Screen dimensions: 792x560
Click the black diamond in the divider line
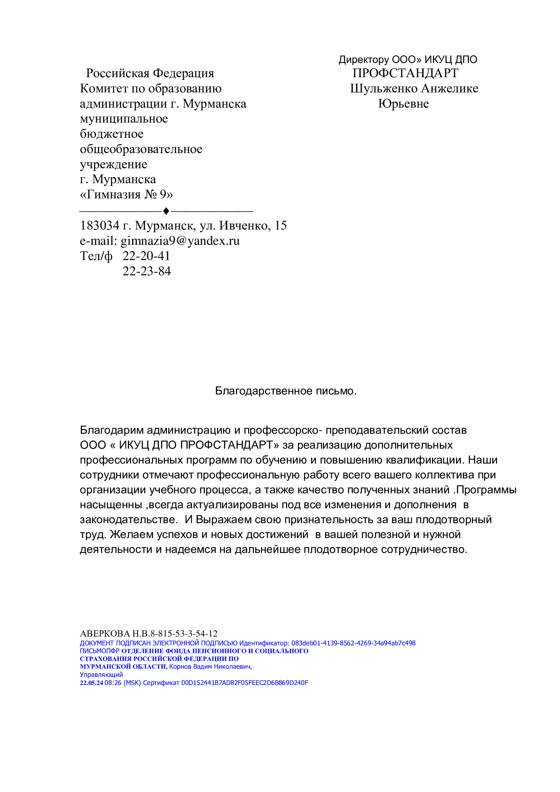(x=166, y=211)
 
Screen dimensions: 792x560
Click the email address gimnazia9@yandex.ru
(x=180, y=241)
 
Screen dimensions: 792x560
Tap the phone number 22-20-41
(x=146, y=256)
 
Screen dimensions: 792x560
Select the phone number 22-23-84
(x=147, y=271)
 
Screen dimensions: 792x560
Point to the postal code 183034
(x=100, y=226)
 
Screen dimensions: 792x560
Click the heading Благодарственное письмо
(x=285, y=391)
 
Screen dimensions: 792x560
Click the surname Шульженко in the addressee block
(x=384, y=89)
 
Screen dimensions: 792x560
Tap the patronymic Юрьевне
(x=404, y=104)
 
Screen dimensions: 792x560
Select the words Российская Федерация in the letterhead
(x=150, y=73)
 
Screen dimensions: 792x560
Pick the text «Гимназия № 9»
(x=126, y=195)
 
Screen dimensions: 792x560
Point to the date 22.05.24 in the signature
(x=91, y=683)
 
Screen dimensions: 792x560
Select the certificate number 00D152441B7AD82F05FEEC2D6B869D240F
(x=244, y=683)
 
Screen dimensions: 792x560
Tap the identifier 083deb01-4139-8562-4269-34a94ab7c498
(x=353, y=643)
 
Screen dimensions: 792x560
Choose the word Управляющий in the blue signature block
(x=101, y=675)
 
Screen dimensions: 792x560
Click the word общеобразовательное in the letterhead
(x=141, y=149)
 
